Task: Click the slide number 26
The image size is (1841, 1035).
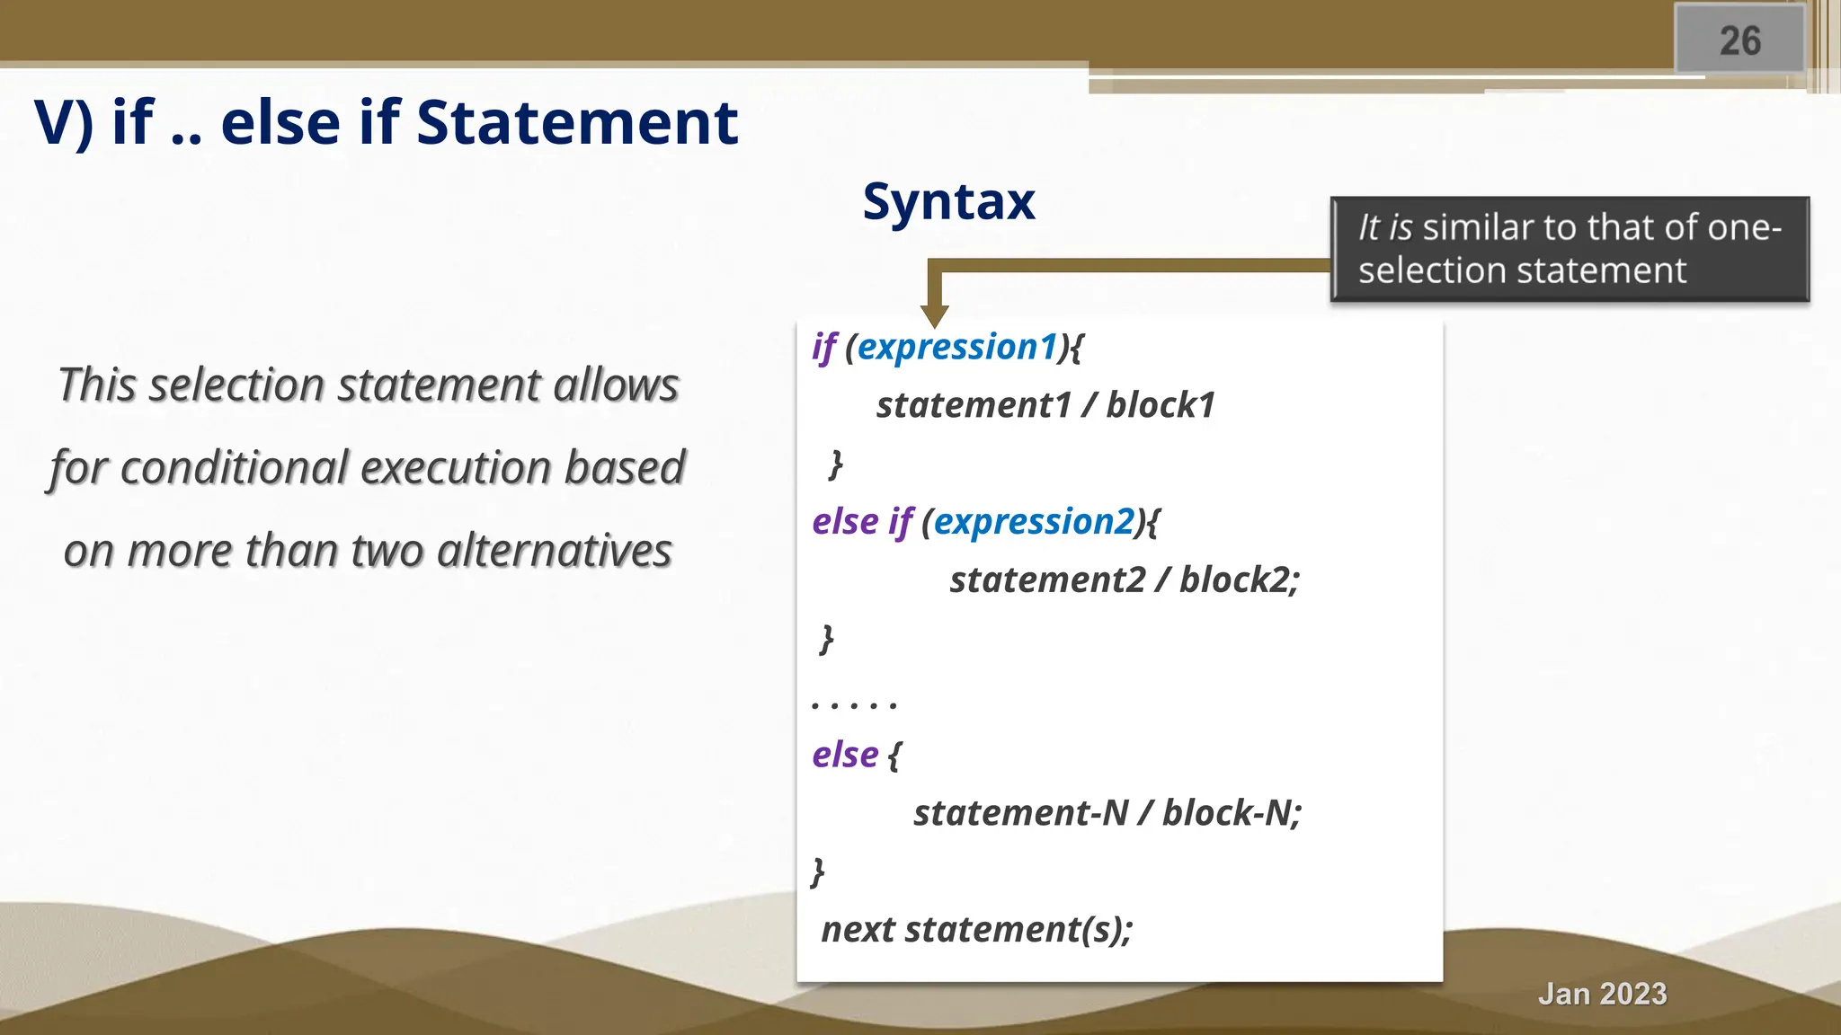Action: [x=1739, y=40]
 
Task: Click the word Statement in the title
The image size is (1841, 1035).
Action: [x=576, y=122]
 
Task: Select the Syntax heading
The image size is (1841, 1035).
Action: [x=948, y=201]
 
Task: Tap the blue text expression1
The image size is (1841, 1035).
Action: [x=957, y=347]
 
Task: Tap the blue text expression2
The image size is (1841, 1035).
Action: [x=1034, y=522]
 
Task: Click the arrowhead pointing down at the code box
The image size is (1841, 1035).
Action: [x=935, y=315]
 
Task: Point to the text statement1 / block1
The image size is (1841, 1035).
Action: [x=1045, y=405]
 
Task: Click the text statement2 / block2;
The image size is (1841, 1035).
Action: [x=1124, y=580]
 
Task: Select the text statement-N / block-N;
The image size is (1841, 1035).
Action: [x=1107, y=813]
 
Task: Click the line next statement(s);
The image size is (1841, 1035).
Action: [x=977, y=930]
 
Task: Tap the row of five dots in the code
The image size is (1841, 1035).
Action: [x=854, y=704]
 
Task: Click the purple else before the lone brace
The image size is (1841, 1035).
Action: [x=845, y=755]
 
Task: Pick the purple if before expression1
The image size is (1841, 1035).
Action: [x=823, y=347]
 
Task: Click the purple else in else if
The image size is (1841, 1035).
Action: [x=845, y=522]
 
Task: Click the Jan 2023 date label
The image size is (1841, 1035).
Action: [x=1602, y=994]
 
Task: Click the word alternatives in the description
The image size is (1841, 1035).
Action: [x=554, y=550]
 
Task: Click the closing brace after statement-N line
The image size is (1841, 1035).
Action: [x=817, y=871]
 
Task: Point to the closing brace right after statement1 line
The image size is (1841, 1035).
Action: [x=835, y=464]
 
